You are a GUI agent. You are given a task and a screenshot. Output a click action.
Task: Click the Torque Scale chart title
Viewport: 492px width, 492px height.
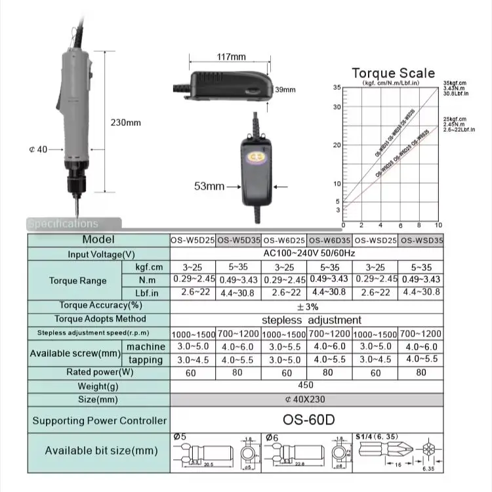point(393,73)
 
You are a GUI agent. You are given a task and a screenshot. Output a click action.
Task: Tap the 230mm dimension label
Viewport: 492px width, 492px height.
point(125,123)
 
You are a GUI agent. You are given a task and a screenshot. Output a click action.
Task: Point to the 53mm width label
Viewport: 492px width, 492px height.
point(209,186)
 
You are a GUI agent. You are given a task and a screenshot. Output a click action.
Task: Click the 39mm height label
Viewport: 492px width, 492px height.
point(285,90)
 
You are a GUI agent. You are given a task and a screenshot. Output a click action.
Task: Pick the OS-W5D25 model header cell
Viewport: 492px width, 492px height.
point(192,240)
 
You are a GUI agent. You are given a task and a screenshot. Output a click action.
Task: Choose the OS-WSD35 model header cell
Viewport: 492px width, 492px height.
point(420,240)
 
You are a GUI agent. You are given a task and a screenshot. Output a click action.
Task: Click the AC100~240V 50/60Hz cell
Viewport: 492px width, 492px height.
point(306,254)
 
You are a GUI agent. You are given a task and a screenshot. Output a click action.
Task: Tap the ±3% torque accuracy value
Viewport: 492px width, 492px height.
point(306,306)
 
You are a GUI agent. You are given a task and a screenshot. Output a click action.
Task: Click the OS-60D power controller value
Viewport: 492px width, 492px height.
point(306,420)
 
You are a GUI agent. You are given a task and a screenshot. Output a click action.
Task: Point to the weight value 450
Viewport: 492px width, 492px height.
point(306,386)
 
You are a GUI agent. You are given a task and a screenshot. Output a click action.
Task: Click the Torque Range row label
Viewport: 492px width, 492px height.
point(77,281)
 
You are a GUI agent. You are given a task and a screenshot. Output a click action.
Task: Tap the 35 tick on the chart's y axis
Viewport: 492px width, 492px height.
point(337,87)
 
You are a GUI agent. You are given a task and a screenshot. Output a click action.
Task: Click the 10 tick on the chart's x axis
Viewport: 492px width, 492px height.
point(438,225)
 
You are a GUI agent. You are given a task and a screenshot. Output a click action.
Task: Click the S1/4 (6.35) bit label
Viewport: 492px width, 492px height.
point(377,436)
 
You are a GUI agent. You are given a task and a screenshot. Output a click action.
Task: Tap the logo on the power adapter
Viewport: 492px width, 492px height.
point(253,158)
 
